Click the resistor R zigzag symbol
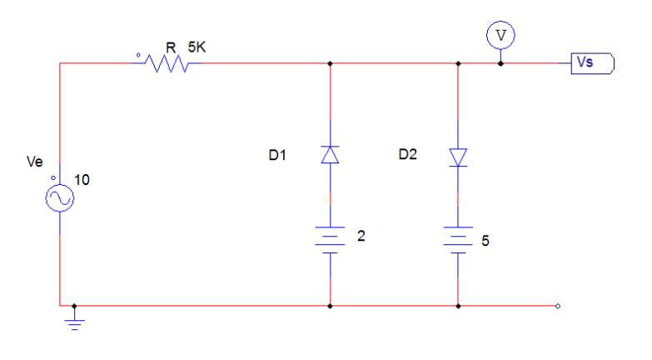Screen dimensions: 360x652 click(167, 63)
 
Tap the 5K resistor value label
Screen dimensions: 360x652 click(197, 47)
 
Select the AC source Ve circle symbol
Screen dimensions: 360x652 click(61, 197)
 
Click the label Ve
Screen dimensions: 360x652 click(35, 163)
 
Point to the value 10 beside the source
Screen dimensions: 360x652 click(82, 179)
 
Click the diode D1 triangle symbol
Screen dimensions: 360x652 click(331, 154)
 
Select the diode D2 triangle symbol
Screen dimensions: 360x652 click(458, 157)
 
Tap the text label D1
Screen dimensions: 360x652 click(277, 154)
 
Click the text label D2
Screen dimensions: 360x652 click(407, 154)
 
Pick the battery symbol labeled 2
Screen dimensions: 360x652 click(331, 239)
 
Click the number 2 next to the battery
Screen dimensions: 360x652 click(361, 236)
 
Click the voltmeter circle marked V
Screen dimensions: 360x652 click(500, 34)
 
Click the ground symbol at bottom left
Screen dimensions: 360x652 click(75, 321)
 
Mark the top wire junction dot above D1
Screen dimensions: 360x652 click(331, 62)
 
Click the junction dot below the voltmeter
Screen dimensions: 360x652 click(500, 62)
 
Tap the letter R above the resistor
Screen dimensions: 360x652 click(170, 47)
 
